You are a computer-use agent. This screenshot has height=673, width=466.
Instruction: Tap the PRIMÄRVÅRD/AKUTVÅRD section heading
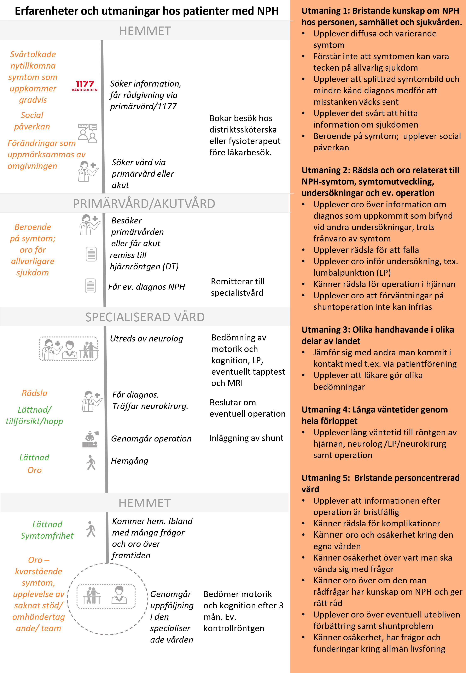pos(144,203)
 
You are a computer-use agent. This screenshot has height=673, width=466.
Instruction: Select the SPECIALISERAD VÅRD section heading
pos(145,317)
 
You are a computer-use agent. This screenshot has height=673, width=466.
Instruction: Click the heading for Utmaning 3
pos(378,335)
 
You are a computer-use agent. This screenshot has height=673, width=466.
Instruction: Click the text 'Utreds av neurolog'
pos(146,339)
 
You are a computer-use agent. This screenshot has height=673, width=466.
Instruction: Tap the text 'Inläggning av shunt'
pos(246,438)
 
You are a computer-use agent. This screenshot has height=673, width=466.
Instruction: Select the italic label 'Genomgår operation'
pos(151,438)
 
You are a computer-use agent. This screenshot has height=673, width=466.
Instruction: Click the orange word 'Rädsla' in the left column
pos(34,393)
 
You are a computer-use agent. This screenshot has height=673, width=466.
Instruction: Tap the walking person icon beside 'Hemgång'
pos(91,462)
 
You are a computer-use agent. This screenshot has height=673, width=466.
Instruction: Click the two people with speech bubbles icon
pos(88,133)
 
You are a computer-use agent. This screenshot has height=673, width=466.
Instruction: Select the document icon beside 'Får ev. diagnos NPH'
pos(91,286)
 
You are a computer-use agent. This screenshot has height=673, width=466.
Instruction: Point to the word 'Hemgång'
pos(129,461)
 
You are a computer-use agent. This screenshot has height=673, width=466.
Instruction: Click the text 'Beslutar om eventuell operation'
pos(247,408)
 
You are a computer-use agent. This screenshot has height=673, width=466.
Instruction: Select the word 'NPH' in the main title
pos(267,11)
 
